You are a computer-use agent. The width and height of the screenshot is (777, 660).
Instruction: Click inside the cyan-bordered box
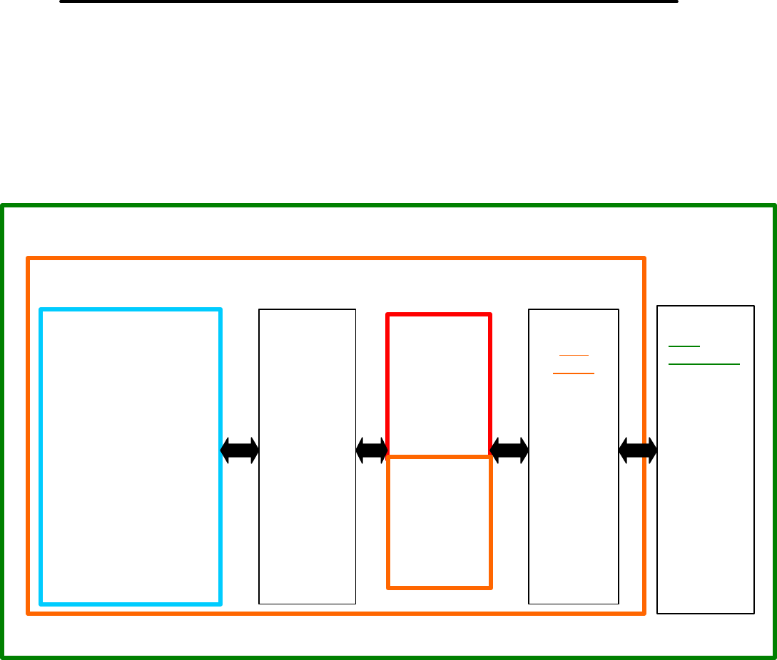click(x=131, y=456)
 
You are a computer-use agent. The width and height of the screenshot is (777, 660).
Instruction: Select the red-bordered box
click(x=439, y=385)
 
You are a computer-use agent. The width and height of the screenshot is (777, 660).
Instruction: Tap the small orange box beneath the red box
click(x=439, y=522)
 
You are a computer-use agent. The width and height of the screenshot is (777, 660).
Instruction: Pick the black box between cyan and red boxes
click(x=307, y=456)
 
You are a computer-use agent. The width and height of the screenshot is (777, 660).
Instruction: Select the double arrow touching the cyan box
click(x=240, y=449)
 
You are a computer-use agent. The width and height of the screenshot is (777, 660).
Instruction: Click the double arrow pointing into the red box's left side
click(x=371, y=449)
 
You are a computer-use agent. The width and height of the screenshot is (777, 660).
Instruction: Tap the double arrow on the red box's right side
click(x=509, y=449)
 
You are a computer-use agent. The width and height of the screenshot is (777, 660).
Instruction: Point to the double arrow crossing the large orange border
click(x=638, y=449)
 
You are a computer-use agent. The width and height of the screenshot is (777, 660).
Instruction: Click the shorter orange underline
click(x=574, y=355)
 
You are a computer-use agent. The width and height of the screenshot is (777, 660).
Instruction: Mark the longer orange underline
click(x=574, y=373)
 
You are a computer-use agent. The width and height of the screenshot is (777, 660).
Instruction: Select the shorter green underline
click(x=684, y=346)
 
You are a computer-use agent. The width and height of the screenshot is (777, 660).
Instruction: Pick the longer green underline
click(x=704, y=363)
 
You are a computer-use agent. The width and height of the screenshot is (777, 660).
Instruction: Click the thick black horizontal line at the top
click(x=368, y=1)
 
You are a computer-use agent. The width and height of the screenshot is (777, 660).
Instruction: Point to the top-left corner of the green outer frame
click(x=4, y=207)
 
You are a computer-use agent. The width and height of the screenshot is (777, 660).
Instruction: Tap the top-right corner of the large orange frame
click(x=644, y=259)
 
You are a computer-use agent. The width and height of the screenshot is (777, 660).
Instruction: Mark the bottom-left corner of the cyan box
click(x=42, y=604)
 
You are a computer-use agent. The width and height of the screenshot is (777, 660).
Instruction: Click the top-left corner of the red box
click(x=388, y=314)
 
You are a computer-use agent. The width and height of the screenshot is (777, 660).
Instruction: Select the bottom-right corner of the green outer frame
click(x=774, y=656)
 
